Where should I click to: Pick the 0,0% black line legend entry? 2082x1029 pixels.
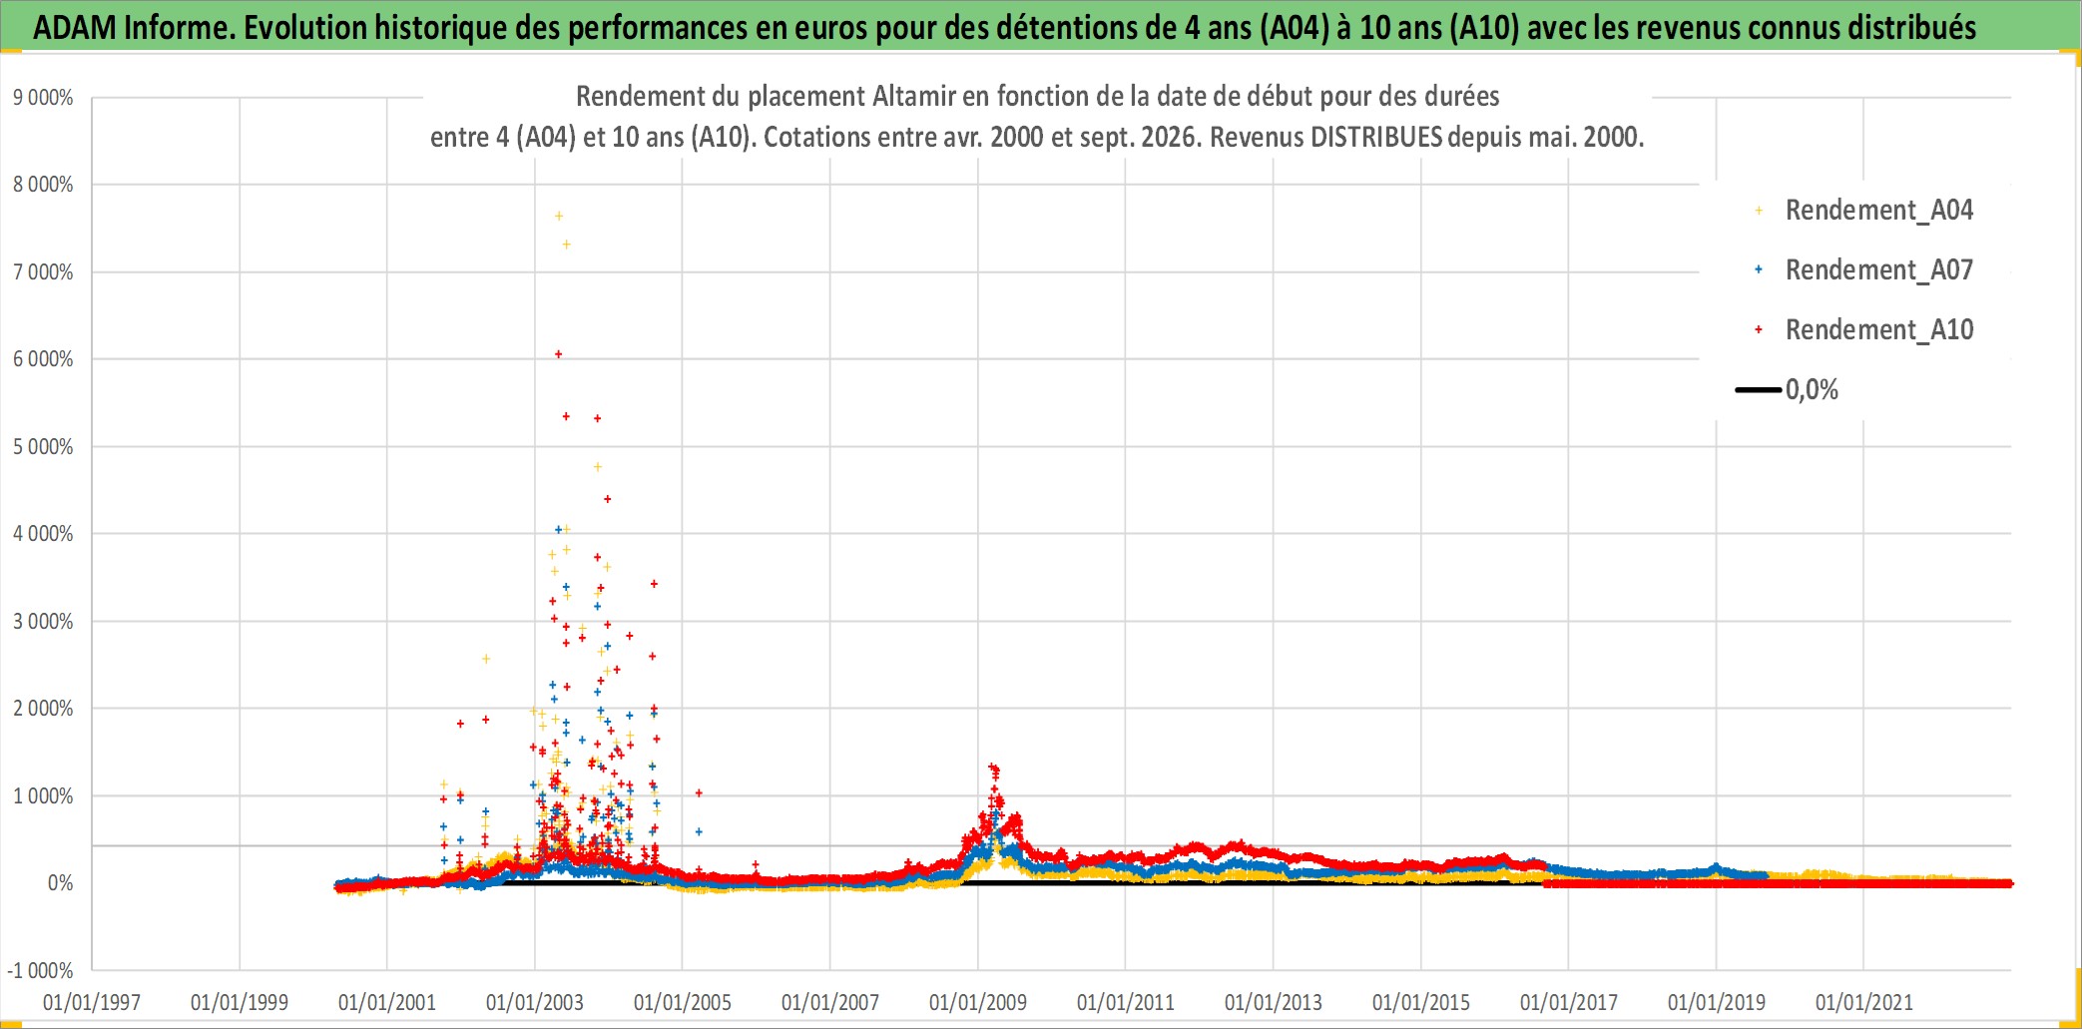click(x=1787, y=389)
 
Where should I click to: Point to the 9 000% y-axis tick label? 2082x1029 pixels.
click(x=43, y=98)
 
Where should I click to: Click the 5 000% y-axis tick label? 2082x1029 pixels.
click(x=43, y=446)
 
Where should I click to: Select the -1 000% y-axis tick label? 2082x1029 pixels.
click(x=40, y=970)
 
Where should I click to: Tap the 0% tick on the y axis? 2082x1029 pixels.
click(x=60, y=883)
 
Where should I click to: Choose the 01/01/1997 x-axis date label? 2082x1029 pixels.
click(x=92, y=1002)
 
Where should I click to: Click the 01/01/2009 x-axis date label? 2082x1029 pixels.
click(x=978, y=1002)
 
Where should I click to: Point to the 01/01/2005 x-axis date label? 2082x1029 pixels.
click(x=683, y=1002)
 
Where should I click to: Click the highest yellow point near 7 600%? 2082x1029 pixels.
click(x=559, y=216)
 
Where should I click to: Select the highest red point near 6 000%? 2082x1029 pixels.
click(x=559, y=354)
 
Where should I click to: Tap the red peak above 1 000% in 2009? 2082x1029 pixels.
click(x=993, y=768)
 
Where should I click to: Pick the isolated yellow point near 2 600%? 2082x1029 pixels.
click(x=486, y=659)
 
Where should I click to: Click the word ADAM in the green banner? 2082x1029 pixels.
click(x=75, y=27)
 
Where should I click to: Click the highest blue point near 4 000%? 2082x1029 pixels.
click(x=559, y=529)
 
